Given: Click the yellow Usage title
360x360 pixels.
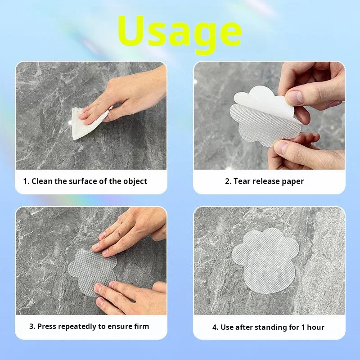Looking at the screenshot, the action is tap(180, 34).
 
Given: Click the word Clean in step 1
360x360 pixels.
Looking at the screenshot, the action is tap(42, 181).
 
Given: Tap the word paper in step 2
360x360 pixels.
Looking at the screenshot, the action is tap(293, 182).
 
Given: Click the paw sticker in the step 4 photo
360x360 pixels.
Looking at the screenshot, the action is tap(265, 262).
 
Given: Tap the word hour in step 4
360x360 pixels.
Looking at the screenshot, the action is tap(316, 327).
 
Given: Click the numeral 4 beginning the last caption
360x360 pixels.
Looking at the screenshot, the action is tap(215, 327).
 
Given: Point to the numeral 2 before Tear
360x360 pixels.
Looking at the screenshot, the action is tap(228, 181).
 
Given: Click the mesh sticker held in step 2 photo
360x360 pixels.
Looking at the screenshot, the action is tap(264, 125).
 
